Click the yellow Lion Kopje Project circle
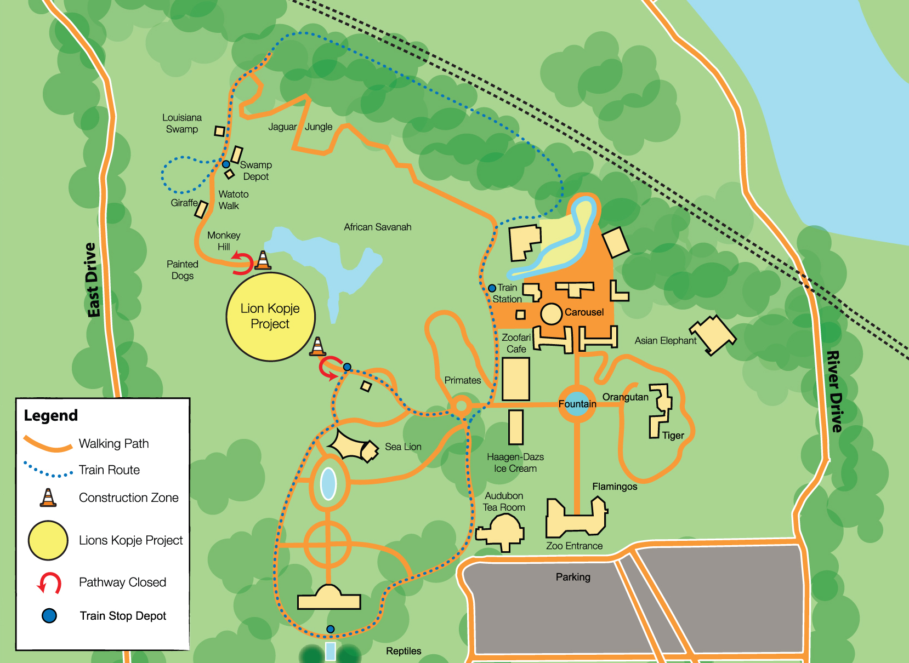pyautogui.click(x=270, y=316)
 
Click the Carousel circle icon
pyautogui.click(x=551, y=314)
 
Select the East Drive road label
pyautogui.click(x=92, y=280)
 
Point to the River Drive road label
pyautogui.click(x=834, y=391)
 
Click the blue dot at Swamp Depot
pyautogui.click(x=226, y=164)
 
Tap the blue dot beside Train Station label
pyautogui.click(x=492, y=288)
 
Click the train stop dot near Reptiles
pyautogui.click(x=330, y=629)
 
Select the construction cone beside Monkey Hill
pyautogui.click(x=263, y=260)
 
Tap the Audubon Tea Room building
pyautogui.click(x=501, y=531)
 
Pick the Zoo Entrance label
pyautogui.click(x=574, y=546)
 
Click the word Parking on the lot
pyautogui.click(x=573, y=577)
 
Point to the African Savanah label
pyautogui.click(x=377, y=227)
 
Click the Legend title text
pyautogui.click(x=51, y=415)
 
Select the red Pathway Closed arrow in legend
pyautogui.click(x=49, y=583)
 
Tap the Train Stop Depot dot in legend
pyautogui.click(x=49, y=616)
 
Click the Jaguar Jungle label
pyautogui.click(x=300, y=127)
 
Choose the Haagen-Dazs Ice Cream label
pyautogui.click(x=515, y=462)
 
